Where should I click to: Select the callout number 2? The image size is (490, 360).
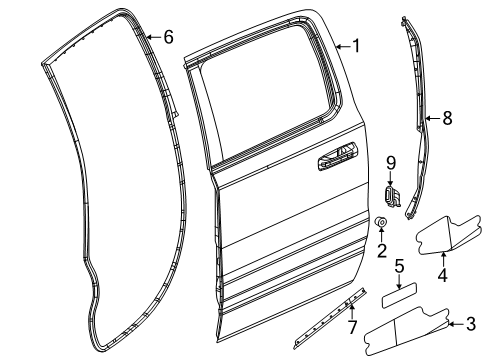pos(382,250)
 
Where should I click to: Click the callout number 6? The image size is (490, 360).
pos(167,38)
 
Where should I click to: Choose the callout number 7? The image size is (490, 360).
pos(351,328)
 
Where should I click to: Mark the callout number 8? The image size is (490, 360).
pos(447,118)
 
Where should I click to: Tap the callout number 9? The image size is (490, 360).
pos(393,161)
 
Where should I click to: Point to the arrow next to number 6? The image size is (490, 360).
pos(152,38)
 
